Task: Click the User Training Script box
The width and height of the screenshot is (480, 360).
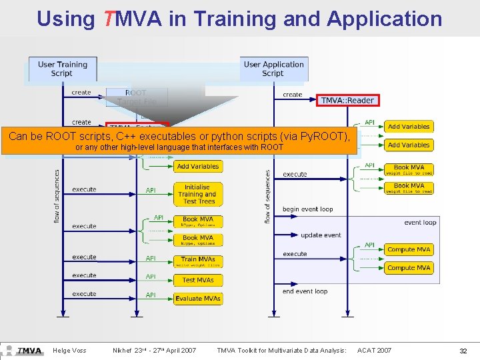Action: (63, 69)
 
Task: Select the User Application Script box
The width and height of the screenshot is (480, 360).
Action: (273, 69)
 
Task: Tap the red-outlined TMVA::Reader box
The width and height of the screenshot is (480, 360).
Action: (347, 100)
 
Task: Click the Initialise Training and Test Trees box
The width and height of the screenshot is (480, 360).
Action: (197, 194)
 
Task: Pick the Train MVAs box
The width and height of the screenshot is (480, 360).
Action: (197, 261)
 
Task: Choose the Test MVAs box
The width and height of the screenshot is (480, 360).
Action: (197, 280)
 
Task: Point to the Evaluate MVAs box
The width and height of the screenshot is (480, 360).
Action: (197, 299)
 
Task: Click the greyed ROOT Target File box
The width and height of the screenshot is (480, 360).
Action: (136, 97)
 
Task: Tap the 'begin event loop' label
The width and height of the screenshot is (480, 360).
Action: (307, 209)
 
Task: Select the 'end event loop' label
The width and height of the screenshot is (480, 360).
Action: (305, 291)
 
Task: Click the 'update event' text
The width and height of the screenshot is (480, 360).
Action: (321, 235)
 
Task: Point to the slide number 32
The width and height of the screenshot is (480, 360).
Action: (463, 351)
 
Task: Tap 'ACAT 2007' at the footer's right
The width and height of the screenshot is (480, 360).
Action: (375, 351)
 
